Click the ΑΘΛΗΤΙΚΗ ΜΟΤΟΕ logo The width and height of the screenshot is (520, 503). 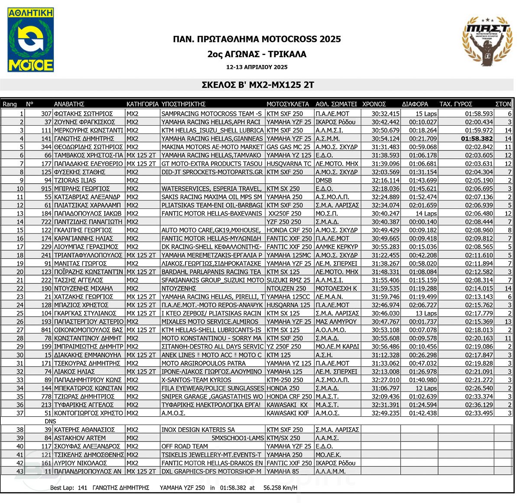(31, 39)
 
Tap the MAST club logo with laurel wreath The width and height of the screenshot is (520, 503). (487, 41)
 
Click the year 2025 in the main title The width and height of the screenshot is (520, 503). (330, 39)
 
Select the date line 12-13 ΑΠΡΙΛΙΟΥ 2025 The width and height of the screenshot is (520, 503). (257, 67)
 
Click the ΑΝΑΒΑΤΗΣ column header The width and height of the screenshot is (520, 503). (69, 104)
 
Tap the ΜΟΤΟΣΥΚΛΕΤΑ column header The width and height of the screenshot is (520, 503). (288, 104)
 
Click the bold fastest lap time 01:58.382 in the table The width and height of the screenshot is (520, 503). (477, 139)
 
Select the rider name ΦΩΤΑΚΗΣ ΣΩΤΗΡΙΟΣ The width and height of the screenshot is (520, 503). (83, 114)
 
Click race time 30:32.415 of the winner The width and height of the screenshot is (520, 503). (385, 114)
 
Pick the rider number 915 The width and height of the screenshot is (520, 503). (46, 188)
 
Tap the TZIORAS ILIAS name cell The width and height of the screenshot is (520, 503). (75, 180)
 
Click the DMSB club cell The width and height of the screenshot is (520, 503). (324, 180)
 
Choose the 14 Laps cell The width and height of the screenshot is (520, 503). (426, 214)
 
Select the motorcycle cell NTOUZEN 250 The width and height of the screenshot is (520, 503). (286, 289)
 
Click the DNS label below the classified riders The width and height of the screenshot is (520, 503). (50, 421)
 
